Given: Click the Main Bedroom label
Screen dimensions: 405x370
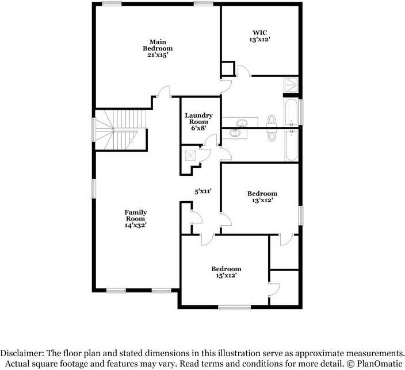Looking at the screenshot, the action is [158, 45].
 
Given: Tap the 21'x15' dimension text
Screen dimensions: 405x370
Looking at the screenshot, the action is [158, 55].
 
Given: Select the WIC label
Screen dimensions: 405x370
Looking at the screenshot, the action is [260, 33].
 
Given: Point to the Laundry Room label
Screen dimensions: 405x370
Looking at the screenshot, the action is [198, 118].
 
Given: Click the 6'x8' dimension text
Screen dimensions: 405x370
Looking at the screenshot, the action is [199, 128].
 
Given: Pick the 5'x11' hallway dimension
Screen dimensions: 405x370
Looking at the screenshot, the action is [203, 191].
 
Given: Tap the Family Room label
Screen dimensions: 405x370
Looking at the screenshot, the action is [136, 215].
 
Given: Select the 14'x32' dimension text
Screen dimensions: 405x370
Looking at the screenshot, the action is [136, 225].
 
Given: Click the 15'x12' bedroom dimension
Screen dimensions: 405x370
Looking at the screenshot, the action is [226, 275].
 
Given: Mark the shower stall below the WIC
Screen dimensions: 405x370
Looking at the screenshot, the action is [291, 84].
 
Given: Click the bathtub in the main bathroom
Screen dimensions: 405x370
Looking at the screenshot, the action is [291, 112].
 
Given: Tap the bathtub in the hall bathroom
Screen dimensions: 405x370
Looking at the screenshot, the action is [292, 145].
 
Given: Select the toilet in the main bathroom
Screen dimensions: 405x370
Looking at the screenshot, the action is [272, 121].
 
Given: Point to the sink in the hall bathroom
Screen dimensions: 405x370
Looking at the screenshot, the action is [235, 133].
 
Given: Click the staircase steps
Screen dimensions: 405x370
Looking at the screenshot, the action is [121, 130].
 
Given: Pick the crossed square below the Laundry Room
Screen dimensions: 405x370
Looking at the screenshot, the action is [190, 156].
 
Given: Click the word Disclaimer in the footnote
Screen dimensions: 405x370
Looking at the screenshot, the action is [22, 353].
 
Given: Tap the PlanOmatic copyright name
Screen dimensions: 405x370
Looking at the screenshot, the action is [380, 364].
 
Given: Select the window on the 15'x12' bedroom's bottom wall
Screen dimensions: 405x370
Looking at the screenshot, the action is [234, 307].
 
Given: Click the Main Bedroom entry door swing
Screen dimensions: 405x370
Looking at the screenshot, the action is [165, 91].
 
